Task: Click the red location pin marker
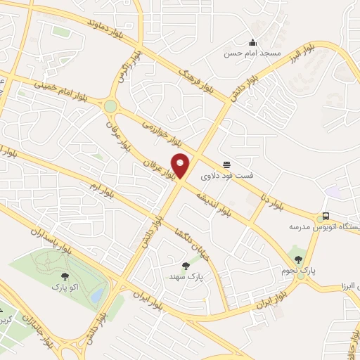(x=181, y=165)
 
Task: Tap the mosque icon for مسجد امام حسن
(x=253, y=41)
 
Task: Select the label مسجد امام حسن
(x=252, y=53)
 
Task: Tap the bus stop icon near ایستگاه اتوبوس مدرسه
(x=326, y=217)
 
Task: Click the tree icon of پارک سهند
(x=186, y=265)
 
